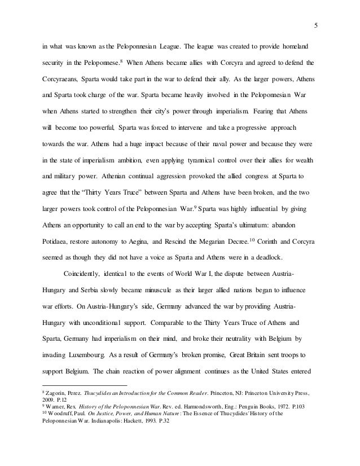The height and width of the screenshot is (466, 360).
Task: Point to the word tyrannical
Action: pos(176,162)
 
